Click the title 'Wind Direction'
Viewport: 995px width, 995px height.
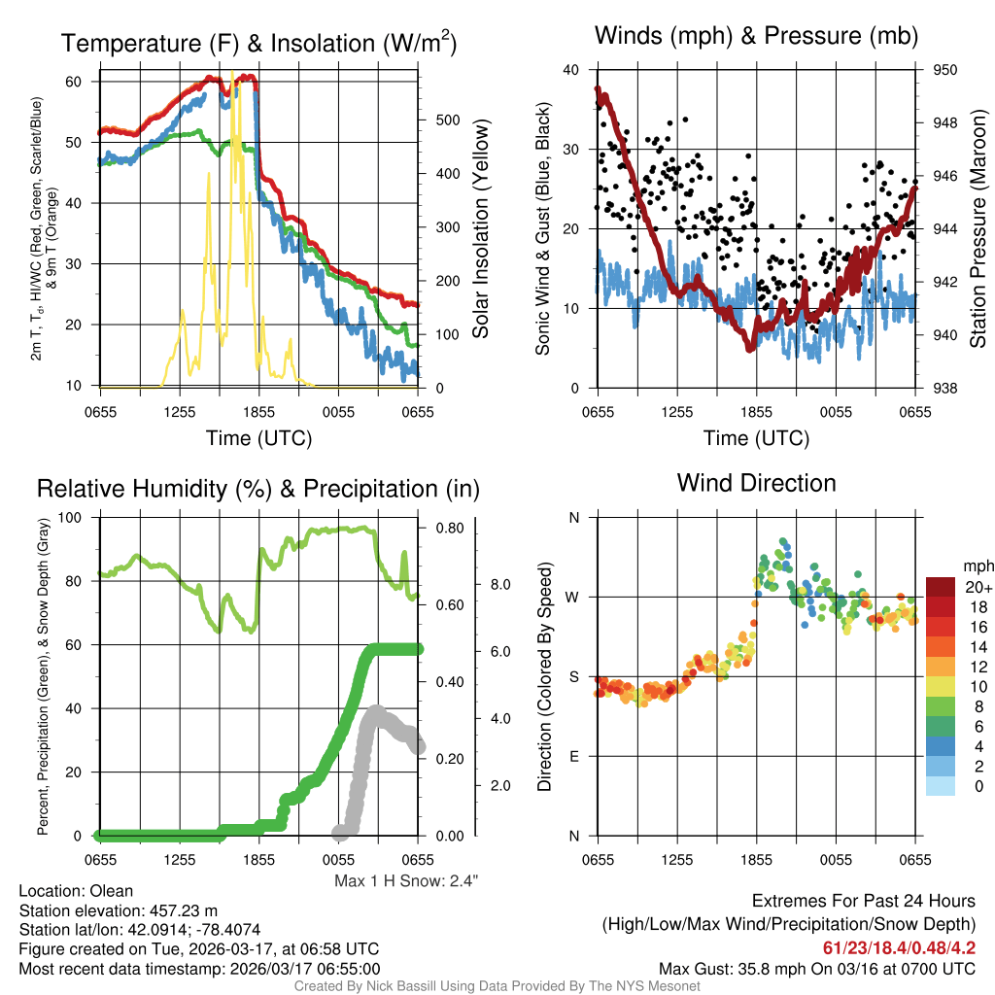pyautogui.click(x=756, y=483)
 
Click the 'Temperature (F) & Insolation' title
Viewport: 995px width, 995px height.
pyautogui.click(x=258, y=44)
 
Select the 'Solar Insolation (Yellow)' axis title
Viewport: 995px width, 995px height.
pyautogui.click(x=481, y=229)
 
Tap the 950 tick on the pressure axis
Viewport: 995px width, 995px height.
pyautogui.click(x=945, y=70)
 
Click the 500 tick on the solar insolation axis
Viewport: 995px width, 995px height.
pyautogui.click(x=448, y=120)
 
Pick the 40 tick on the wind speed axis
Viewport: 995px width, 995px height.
pyautogui.click(x=570, y=70)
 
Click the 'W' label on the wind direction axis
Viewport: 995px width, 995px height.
pyautogui.click(x=573, y=597)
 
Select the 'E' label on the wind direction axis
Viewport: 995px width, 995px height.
pyautogui.click(x=574, y=756)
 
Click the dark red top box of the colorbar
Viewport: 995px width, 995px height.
pyautogui.click(x=942, y=587)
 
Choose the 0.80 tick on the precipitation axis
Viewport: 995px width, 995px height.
pyautogui.click(x=451, y=529)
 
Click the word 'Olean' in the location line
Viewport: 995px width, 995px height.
pyautogui.click(x=112, y=891)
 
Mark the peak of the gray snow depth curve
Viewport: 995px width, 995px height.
pyautogui.click(x=374, y=711)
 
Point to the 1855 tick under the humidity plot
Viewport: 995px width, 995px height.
pyautogui.click(x=258, y=860)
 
